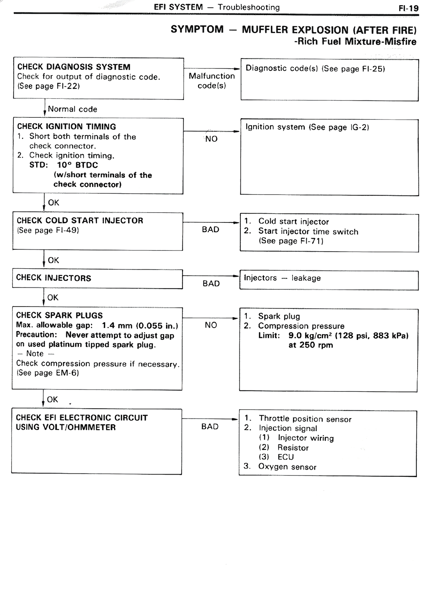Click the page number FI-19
[408, 8]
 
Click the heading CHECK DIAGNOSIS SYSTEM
[74, 67]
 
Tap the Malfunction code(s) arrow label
[212, 81]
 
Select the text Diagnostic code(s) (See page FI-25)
[315, 68]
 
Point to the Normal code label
[72, 109]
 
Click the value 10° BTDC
[77, 165]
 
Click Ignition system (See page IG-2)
[307, 127]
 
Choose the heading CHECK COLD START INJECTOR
[80, 220]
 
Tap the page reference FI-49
[67, 230]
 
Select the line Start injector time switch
[308, 231]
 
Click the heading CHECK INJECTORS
[54, 278]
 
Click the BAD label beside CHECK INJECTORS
[211, 284]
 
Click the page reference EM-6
[67, 373]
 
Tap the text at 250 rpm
[310, 345]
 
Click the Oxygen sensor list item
[287, 467]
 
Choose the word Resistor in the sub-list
[293, 448]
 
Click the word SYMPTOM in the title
[197, 29]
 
